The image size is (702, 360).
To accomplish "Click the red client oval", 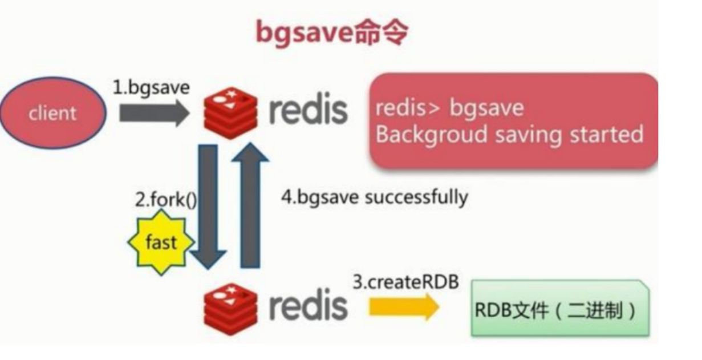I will pos(52,112).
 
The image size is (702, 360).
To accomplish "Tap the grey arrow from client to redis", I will pos(153,113).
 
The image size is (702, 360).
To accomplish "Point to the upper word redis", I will pos(308,110).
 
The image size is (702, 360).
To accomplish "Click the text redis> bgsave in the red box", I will pos(449,108).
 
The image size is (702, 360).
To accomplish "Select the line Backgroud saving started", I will pos(509,135).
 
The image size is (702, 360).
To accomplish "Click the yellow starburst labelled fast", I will pos(160,242).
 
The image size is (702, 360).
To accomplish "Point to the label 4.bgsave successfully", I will pos(374,197).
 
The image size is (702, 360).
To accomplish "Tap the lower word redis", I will pos(308,305).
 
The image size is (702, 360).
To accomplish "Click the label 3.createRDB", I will pos(405,282).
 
